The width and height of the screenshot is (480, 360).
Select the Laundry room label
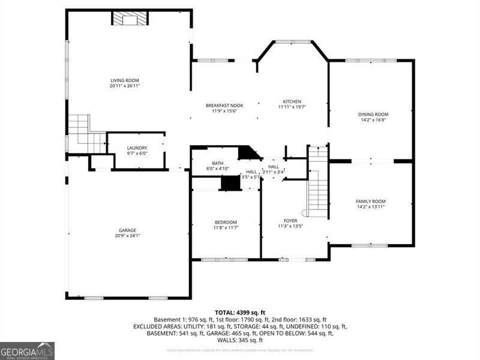pyautogui.click(x=137, y=148)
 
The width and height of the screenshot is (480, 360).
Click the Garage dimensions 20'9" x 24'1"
pyautogui.click(x=127, y=236)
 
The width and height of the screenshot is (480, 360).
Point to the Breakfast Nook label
pyautogui.click(x=224, y=105)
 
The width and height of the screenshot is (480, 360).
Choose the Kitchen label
pyautogui.click(x=292, y=101)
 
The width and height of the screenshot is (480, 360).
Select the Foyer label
pyautogui.click(x=290, y=221)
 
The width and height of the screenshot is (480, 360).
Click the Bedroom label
pyautogui.click(x=226, y=222)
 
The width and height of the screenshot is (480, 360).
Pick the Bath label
pyautogui.click(x=217, y=163)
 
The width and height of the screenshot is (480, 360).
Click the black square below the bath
pyautogui.click(x=230, y=184)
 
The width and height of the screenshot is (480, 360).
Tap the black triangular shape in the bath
pyautogui.click(x=247, y=153)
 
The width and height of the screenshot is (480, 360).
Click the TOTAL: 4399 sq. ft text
pyautogui.click(x=239, y=312)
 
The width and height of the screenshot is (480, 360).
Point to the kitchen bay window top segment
pyautogui.click(x=293, y=42)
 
